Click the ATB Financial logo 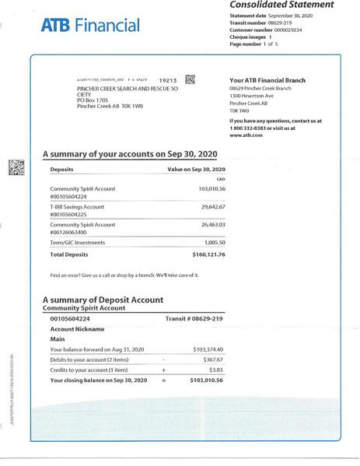click(x=90, y=26)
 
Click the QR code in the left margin click(x=13, y=166)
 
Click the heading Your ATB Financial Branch click(x=267, y=81)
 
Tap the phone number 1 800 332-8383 click(x=250, y=128)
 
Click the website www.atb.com click(x=246, y=135)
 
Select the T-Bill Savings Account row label click(x=77, y=207)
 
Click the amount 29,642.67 click(x=212, y=207)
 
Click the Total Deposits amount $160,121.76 click(x=208, y=254)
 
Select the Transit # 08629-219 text click(x=194, y=319)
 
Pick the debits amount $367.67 click(x=213, y=361)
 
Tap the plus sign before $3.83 click(x=163, y=370)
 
